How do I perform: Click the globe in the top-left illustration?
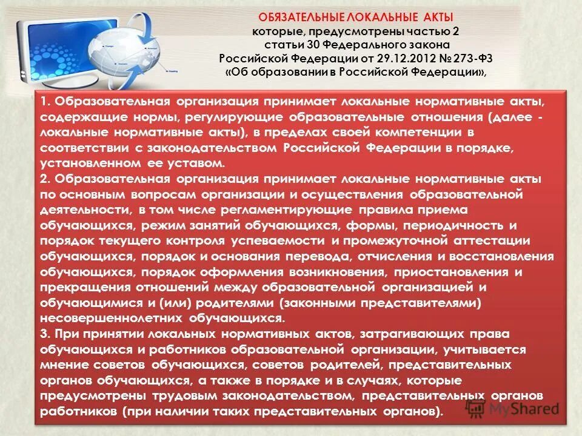tap(121, 52)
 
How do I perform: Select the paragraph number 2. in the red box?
tap(45, 179)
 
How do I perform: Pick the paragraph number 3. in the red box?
tap(45, 334)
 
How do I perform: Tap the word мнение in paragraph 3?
tap(64, 365)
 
